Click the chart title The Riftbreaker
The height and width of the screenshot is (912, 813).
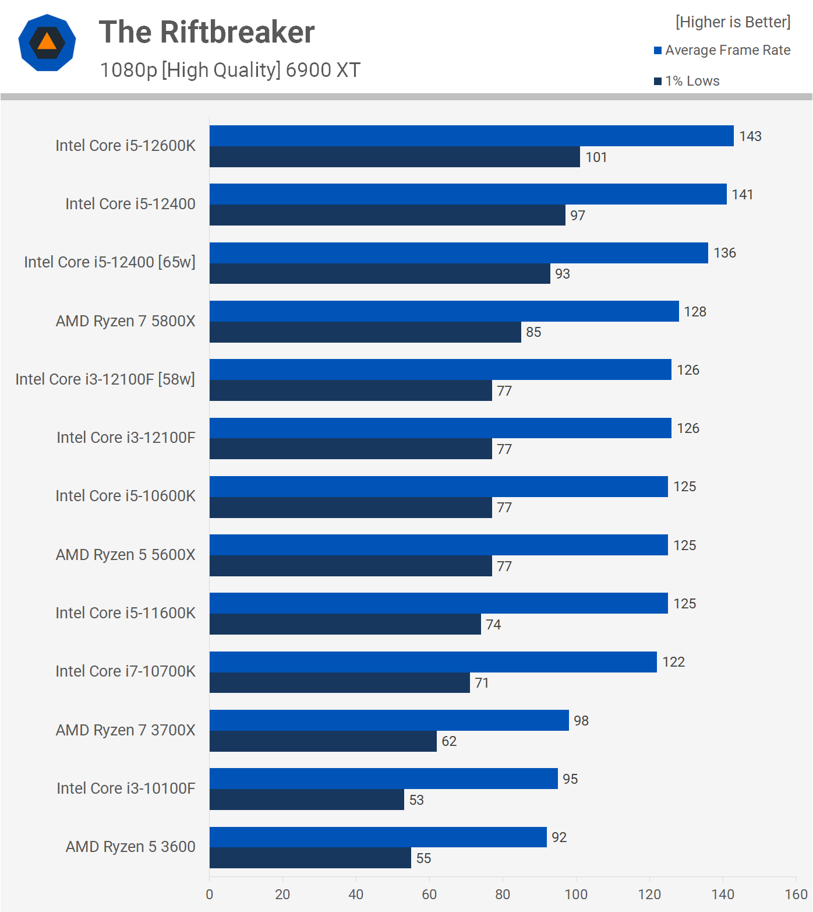coord(207,33)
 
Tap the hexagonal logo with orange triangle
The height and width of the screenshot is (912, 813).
coord(47,43)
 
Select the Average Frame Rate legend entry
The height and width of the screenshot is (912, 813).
coord(722,50)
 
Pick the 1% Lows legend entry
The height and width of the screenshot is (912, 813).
coord(687,81)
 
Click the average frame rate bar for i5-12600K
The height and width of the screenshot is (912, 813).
coord(471,136)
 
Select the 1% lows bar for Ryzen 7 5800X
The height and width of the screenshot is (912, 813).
coord(365,332)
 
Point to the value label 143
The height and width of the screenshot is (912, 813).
coord(750,136)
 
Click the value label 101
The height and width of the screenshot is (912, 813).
coord(596,157)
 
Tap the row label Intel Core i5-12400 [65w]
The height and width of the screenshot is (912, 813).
coord(109,262)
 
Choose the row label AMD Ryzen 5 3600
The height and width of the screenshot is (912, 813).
coord(130,847)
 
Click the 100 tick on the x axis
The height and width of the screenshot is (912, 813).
coord(576,895)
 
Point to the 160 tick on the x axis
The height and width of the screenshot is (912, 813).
coord(796,895)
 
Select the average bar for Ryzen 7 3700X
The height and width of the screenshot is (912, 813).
coord(389,720)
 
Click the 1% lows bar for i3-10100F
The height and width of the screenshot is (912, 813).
coord(307,800)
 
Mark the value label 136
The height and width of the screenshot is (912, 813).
coord(724,253)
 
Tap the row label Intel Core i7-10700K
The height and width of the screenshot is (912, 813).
coord(125,671)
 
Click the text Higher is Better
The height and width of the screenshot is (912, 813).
coord(733,22)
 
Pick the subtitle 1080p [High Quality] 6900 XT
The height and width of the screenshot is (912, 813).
coord(230,70)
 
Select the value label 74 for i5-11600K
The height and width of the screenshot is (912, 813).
coord(493,625)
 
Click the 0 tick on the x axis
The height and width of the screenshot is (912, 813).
coord(210,895)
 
